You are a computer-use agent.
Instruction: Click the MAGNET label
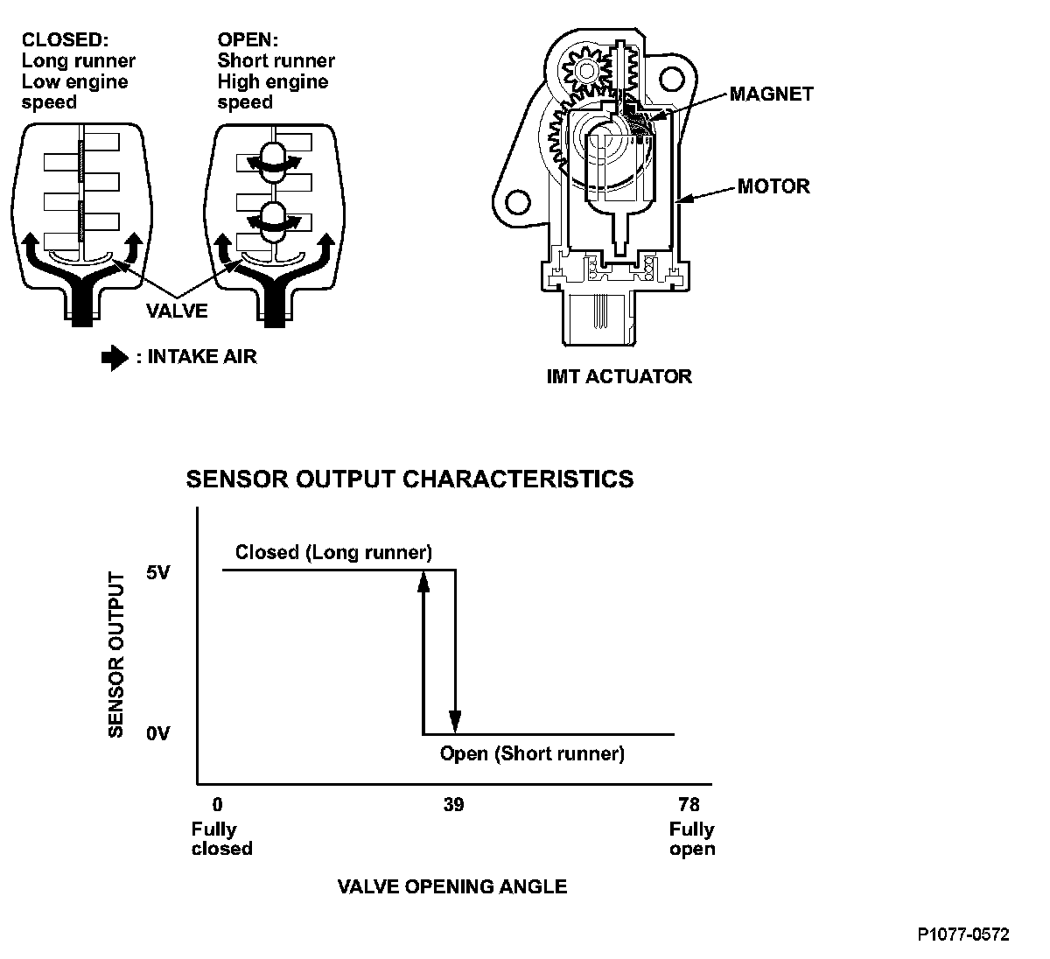(x=771, y=94)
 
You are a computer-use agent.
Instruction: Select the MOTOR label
(x=773, y=186)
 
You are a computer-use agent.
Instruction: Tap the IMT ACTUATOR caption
(x=619, y=376)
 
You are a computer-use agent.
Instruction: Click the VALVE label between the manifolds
(x=177, y=310)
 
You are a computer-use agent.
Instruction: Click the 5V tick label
(x=158, y=574)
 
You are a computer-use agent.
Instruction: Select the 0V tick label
(x=158, y=733)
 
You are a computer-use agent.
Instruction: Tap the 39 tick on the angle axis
(x=453, y=805)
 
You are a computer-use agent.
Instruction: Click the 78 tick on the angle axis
(x=689, y=805)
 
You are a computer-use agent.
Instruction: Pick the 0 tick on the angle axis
(x=218, y=805)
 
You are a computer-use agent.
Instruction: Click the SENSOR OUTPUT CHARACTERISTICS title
(x=409, y=479)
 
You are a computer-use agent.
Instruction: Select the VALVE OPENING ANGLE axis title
(x=452, y=886)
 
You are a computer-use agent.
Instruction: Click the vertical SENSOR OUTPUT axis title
(x=115, y=654)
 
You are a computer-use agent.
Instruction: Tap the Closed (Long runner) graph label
(x=333, y=553)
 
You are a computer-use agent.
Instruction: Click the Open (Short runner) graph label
(x=532, y=753)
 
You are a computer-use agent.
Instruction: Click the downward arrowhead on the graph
(x=455, y=722)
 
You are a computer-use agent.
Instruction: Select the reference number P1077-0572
(x=963, y=934)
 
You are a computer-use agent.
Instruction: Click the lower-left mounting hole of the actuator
(x=519, y=201)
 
